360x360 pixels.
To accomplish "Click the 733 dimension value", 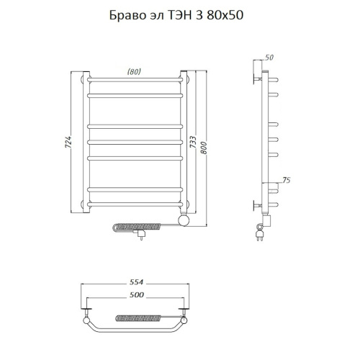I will click(x=193, y=143).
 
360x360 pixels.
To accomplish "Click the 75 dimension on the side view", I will click(x=286, y=181).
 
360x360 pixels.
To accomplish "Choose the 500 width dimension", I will click(x=137, y=295).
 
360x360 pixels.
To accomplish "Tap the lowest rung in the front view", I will click(x=134, y=207).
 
